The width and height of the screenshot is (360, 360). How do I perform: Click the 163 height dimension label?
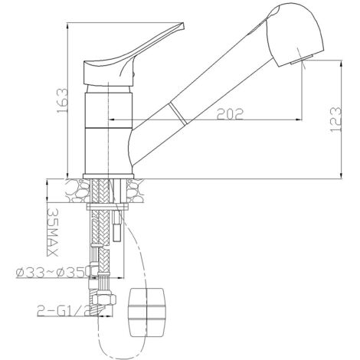click(62, 101)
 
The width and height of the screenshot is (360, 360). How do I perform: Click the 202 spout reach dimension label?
click(230, 114)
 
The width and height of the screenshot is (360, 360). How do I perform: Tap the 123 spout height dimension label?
click(335, 119)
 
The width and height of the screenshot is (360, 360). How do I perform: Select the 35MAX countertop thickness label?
click(53, 232)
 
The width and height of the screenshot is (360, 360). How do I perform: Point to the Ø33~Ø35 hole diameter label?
click(52, 272)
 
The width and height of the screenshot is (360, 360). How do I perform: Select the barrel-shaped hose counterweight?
click(147, 313)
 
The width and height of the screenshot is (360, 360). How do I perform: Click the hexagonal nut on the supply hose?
click(104, 299)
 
